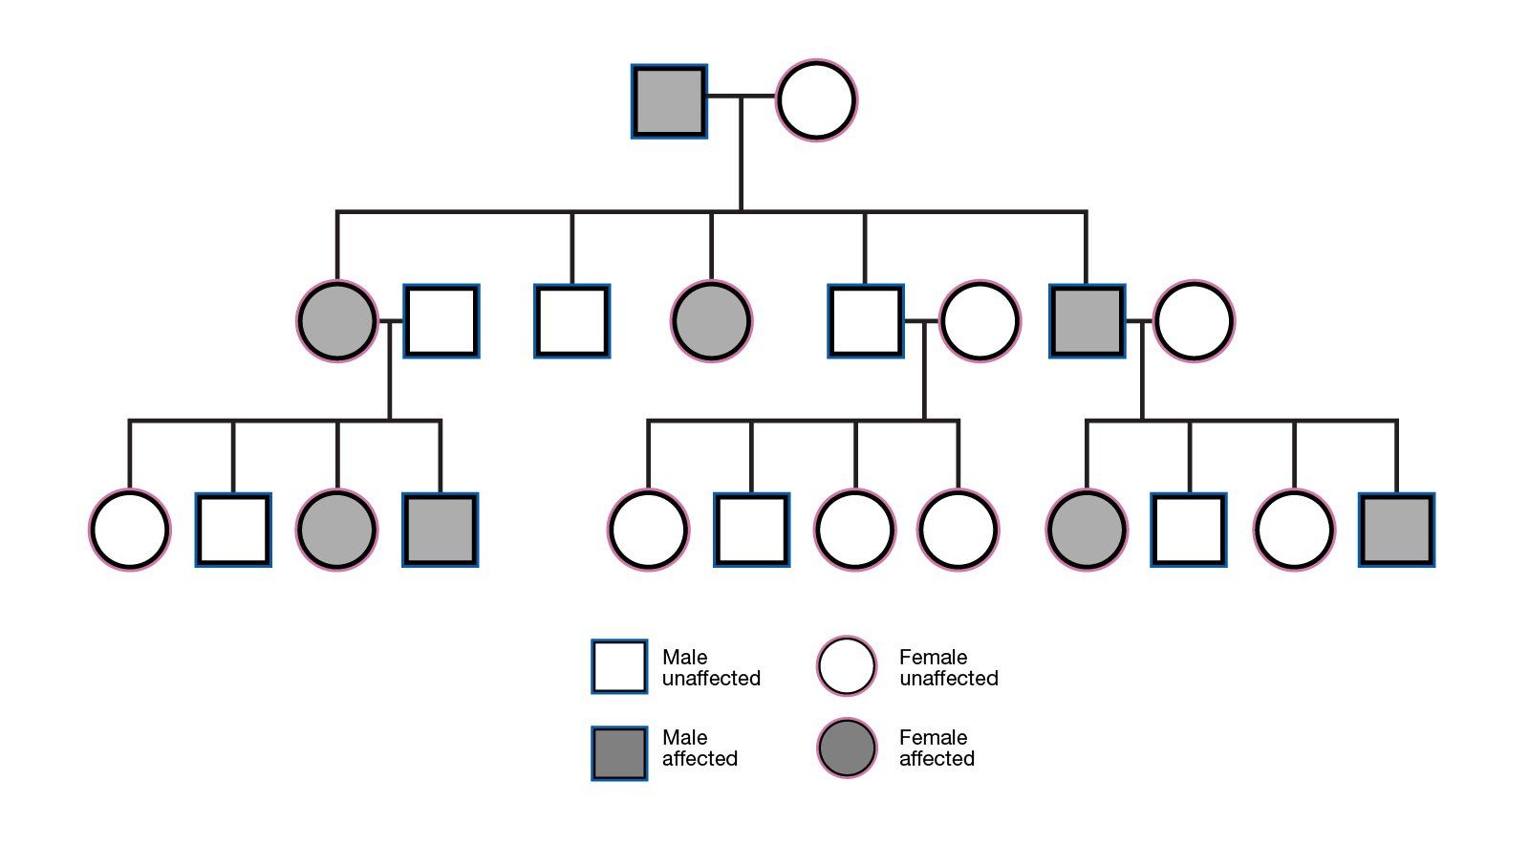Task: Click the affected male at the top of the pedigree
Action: click(x=669, y=100)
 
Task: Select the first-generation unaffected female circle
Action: click(x=816, y=100)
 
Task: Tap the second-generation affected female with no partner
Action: click(x=711, y=320)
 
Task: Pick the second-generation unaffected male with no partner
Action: click(x=571, y=320)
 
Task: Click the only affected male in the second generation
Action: click(x=1087, y=320)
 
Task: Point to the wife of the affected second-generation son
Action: click(x=1194, y=320)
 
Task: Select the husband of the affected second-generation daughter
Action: click(x=441, y=320)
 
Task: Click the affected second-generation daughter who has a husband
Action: click(x=336, y=320)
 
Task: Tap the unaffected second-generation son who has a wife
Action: click(x=865, y=320)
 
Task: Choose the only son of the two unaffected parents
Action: click(x=751, y=530)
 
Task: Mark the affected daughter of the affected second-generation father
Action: click(x=1087, y=530)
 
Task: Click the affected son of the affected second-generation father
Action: click(x=1396, y=530)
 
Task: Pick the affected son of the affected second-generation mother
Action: click(x=440, y=530)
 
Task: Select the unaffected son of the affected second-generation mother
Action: click(x=233, y=530)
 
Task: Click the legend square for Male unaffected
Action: click(x=619, y=666)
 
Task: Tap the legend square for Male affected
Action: click(x=619, y=753)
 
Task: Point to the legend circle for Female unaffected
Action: click(x=847, y=666)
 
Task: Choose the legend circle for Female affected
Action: click(x=847, y=748)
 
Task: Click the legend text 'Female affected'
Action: click(x=936, y=748)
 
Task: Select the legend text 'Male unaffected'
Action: click(x=710, y=667)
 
